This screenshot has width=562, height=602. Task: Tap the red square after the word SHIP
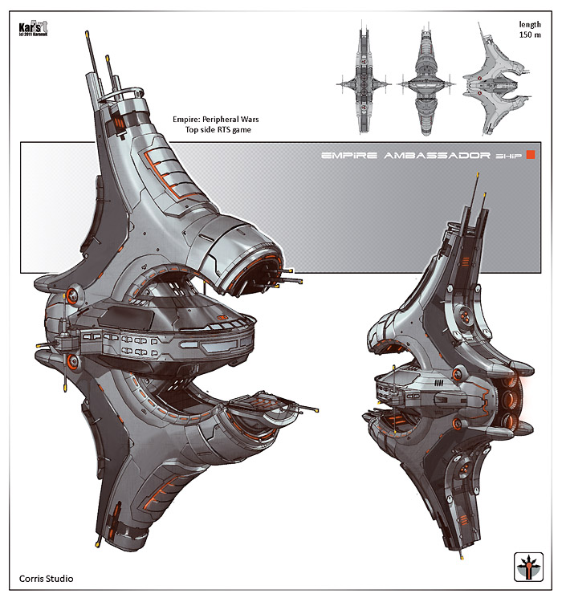530,157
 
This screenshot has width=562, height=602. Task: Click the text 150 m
529,35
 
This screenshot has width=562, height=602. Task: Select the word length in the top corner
530,24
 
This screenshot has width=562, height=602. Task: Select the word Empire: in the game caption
189,119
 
